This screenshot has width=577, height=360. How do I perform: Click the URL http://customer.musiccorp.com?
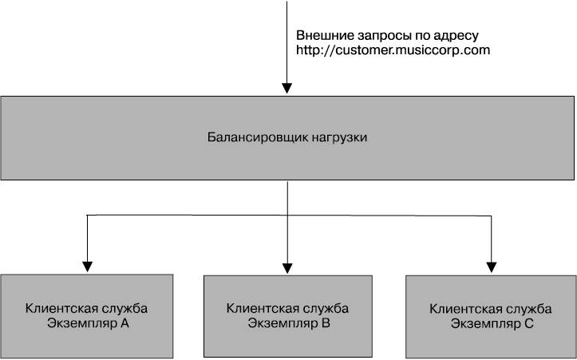(x=393, y=50)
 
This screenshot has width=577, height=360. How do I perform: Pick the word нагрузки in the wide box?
(x=340, y=138)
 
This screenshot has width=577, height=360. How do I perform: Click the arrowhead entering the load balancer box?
(x=287, y=89)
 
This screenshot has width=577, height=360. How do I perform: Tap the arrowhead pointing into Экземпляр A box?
(x=87, y=267)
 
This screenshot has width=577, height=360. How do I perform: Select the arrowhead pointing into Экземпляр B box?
(x=287, y=268)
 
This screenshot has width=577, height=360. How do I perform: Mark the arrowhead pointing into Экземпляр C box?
(x=492, y=267)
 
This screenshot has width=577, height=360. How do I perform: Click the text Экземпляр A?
(x=88, y=324)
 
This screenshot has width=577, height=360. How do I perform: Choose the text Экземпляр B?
(x=289, y=324)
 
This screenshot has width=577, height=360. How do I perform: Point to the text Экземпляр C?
(x=492, y=325)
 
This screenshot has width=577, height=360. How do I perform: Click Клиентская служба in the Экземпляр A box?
(x=86, y=308)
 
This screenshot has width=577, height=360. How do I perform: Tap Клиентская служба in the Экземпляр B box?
(x=287, y=308)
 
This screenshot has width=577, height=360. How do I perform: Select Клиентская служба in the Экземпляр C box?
(x=491, y=309)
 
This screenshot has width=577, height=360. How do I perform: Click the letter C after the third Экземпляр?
(x=529, y=324)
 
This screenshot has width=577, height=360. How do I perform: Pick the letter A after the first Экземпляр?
(x=124, y=323)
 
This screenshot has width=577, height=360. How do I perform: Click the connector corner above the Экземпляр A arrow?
(x=87, y=215)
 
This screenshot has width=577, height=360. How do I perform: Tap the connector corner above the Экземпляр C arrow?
(x=492, y=216)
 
